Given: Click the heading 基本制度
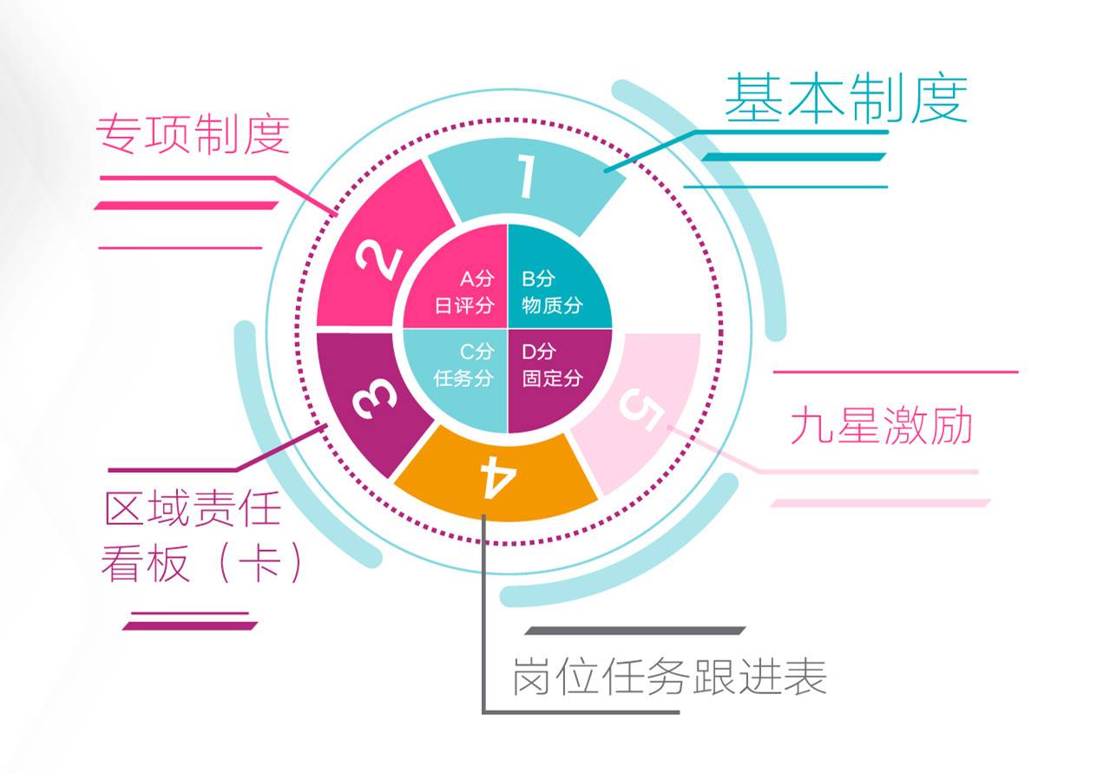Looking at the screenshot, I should (845, 98).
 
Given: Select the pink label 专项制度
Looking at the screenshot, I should (192, 134).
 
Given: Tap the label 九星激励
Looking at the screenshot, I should (881, 427).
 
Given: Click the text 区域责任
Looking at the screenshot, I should (192, 508).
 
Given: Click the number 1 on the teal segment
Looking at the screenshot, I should (526, 179).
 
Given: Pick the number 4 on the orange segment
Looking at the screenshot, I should (496, 476).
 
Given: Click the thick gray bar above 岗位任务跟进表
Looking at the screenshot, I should (634, 631).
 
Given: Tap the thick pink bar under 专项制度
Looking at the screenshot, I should (186, 206).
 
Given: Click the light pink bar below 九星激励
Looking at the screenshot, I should (880, 502).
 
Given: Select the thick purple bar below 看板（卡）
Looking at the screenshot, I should (190, 625).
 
